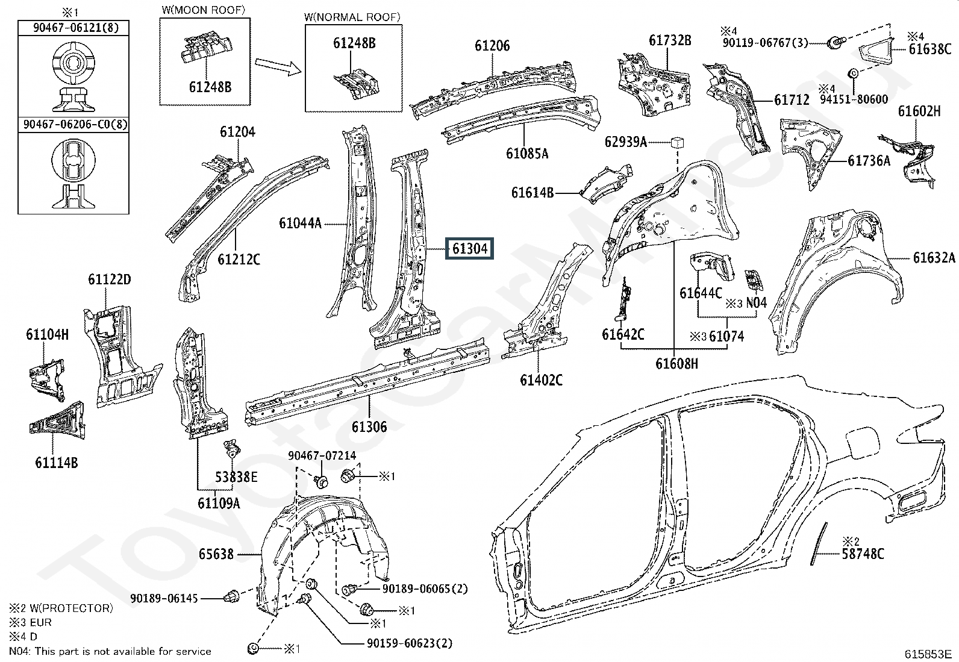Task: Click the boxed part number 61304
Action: tap(470, 248)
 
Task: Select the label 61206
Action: tap(492, 46)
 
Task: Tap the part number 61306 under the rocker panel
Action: tap(369, 426)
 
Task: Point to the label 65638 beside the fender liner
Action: tap(216, 554)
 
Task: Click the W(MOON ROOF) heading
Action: tap(204, 10)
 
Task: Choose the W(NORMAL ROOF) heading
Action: tap(352, 17)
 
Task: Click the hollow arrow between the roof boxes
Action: tap(278, 66)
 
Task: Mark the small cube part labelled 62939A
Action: tap(677, 142)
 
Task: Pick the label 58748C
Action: tap(863, 554)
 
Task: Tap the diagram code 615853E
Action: tap(928, 654)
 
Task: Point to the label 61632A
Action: tap(934, 258)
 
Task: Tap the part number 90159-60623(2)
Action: tap(409, 643)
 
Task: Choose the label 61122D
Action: tap(110, 279)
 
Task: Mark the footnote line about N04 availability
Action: tap(110, 651)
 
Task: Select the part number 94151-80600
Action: tap(854, 99)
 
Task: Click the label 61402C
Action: tap(541, 380)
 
